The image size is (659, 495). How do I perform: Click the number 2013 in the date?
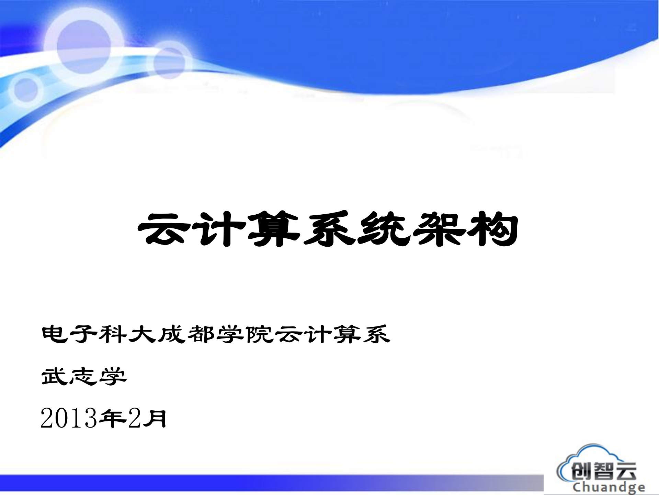pos(69,419)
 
